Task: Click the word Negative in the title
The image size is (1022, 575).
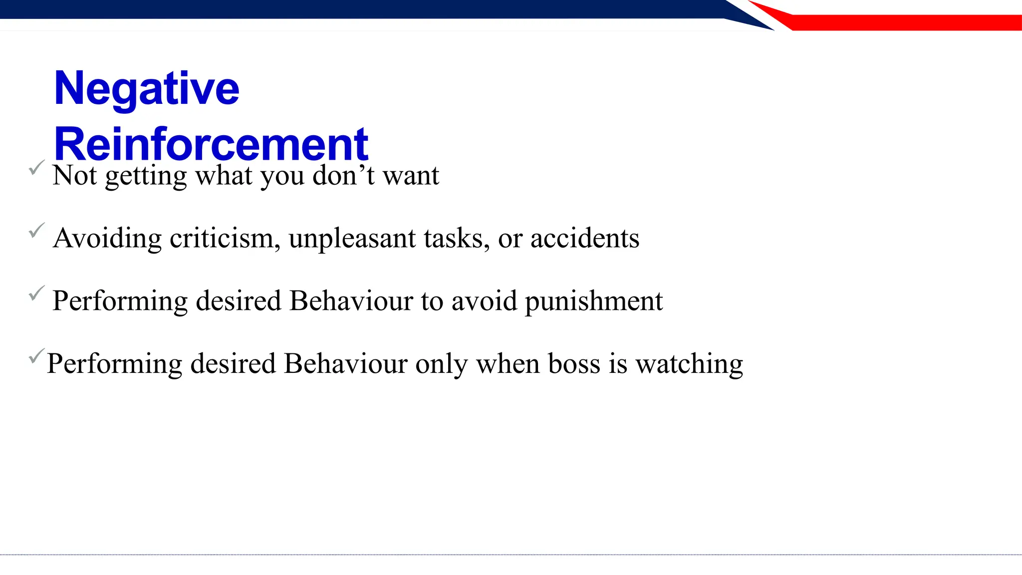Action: point(147,89)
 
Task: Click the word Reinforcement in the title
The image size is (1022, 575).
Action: point(211,144)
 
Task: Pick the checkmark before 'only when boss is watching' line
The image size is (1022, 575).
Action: point(37,356)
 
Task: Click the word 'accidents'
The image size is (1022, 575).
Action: point(584,239)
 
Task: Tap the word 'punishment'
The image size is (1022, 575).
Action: point(593,301)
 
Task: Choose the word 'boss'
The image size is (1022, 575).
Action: point(574,364)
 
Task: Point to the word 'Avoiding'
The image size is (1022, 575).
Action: point(107,239)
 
